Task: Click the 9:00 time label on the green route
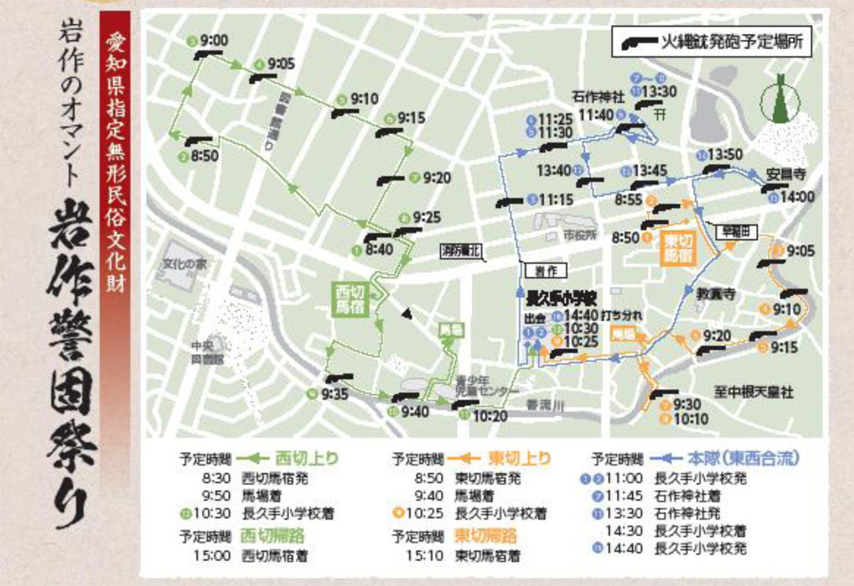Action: pos(213,41)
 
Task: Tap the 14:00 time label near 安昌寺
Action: pos(797,196)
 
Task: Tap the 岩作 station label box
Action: pos(542,270)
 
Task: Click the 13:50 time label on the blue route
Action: pos(725,154)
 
